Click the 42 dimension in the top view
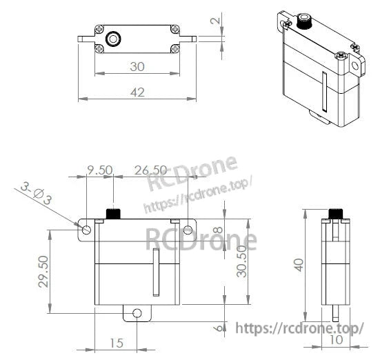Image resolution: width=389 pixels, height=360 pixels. tap(137, 93)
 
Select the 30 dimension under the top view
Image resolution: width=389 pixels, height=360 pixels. tap(137, 67)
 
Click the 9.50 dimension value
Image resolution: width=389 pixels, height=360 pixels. tap(99, 170)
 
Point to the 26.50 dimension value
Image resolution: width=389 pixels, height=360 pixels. tap(150, 170)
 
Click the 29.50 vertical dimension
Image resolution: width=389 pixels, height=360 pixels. tap(43, 272)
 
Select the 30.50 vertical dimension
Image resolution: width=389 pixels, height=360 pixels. tap(239, 261)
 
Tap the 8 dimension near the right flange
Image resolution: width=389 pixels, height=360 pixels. tap(217, 231)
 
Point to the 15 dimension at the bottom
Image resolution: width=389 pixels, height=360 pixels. tap(116, 343)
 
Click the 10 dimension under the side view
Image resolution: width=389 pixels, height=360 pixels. tap(336, 340)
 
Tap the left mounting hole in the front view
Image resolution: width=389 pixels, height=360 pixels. tap(87, 229)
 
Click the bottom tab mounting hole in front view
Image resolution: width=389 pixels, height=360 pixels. tap(137, 313)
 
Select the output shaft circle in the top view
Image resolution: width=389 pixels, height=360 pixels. tap(114, 36)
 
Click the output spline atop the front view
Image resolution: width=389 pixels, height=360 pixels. tap(112, 212)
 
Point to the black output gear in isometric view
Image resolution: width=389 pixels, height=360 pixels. tap(302, 20)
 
